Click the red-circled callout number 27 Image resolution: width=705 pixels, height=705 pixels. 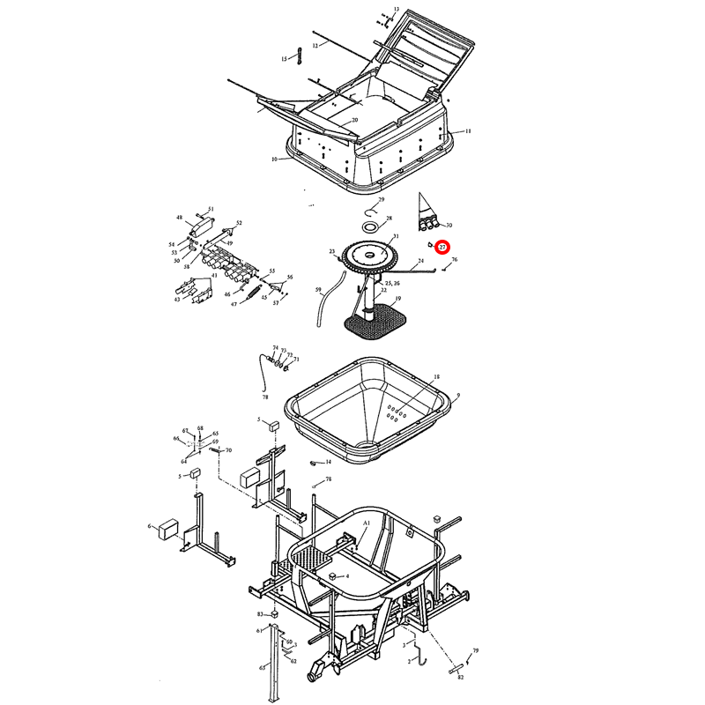coord(443,248)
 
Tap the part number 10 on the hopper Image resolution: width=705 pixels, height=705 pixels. coord(275,160)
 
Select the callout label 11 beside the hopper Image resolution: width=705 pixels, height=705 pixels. coord(468,130)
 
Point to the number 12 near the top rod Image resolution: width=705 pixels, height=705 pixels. coord(314,44)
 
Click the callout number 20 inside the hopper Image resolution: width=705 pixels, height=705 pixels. coord(354,120)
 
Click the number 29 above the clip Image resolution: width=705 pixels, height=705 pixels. coord(382,200)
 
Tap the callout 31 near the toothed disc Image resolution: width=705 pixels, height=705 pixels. coord(396,236)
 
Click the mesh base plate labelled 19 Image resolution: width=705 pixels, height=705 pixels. coord(370,324)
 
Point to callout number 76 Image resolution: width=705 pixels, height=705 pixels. coord(455,260)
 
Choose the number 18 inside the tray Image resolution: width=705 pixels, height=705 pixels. coord(435,377)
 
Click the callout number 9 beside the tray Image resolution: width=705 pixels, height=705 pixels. coord(458,397)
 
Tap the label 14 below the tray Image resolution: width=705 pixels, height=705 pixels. coord(328,461)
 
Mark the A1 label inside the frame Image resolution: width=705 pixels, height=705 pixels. coord(366,523)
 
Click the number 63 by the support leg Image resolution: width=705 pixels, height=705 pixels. coord(262,669)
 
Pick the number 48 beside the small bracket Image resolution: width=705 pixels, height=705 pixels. coord(179,217)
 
